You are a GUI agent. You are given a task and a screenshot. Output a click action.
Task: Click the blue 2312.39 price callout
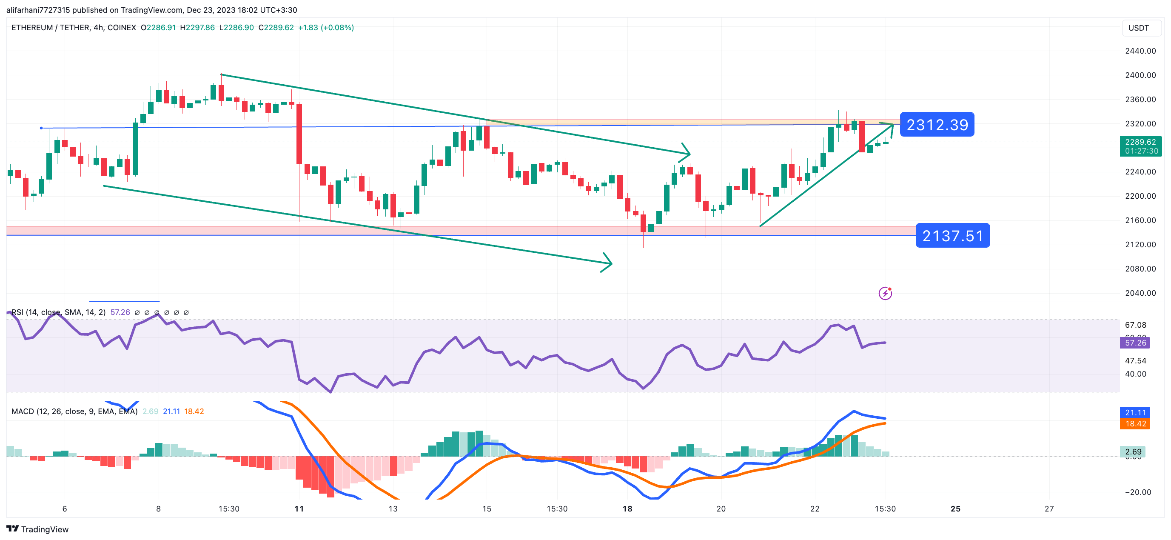[x=937, y=125]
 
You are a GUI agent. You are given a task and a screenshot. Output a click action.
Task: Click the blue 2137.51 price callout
[x=952, y=236]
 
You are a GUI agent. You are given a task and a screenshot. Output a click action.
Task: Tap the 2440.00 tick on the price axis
[x=1140, y=51]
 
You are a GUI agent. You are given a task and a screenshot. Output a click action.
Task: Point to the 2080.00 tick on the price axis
[x=1140, y=269]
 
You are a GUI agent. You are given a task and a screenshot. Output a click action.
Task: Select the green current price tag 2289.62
[x=1140, y=146]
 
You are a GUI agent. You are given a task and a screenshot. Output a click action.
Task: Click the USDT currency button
[x=1138, y=28]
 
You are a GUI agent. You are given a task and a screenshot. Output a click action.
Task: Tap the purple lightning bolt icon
[x=885, y=294]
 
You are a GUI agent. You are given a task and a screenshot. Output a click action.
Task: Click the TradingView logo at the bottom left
[x=37, y=529]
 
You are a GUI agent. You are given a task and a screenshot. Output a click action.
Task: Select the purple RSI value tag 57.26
[x=1135, y=343]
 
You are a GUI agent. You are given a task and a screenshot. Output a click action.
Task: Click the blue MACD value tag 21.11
[x=1135, y=413]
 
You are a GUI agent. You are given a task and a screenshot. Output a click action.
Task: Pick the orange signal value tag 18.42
[x=1135, y=424]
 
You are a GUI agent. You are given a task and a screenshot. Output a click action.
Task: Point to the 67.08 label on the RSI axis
[x=1135, y=325]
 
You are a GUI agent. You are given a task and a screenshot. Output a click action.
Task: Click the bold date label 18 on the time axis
[x=627, y=509]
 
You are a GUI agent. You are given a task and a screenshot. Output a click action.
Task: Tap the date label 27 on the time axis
[x=1049, y=509]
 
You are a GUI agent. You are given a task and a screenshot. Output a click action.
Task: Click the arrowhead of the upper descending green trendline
[x=687, y=153]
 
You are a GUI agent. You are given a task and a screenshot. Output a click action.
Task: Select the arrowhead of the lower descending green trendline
[x=608, y=263]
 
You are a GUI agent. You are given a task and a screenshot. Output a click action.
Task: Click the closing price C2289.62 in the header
[x=276, y=28]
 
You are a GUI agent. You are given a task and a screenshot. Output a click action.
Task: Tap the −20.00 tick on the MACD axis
[x=1137, y=492]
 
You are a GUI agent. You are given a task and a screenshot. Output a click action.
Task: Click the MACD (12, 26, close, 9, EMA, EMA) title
[x=74, y=411]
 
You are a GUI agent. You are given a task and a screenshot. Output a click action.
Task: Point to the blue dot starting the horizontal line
[x=41, y=128]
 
